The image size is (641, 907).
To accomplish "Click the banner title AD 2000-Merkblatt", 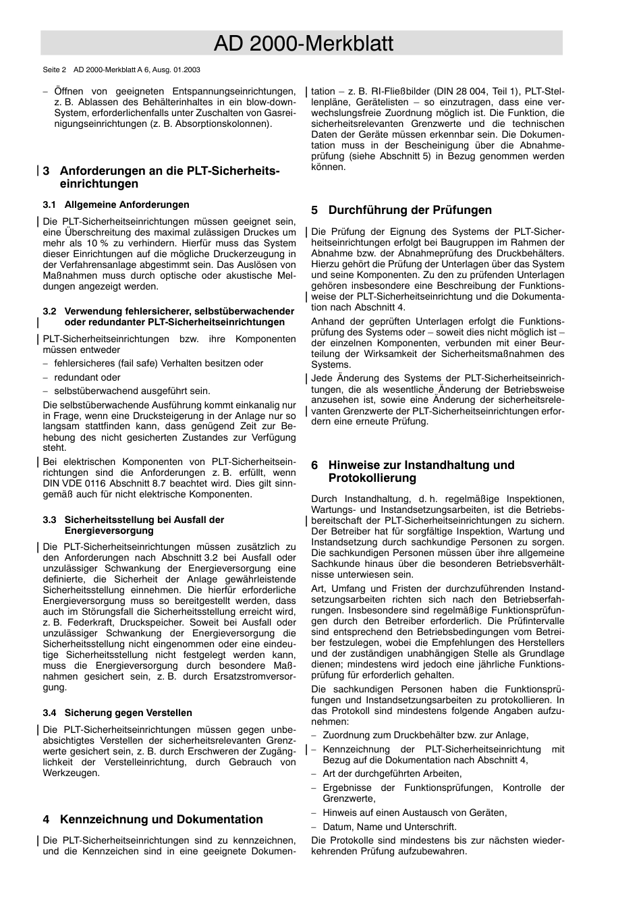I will click(x=302, y=44).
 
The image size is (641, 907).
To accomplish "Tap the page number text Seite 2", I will click(x=55, y=70).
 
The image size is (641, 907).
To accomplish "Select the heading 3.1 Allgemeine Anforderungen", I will click(x=115, y=204).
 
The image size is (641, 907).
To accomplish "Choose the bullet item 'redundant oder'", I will click(x=87, y=377).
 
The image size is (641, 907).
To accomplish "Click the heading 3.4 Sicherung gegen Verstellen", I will click(x=117, y=713).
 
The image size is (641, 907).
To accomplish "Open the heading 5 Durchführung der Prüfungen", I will click(x=401, y=210).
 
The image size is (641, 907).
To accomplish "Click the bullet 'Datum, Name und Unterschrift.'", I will click(x=389, y=827).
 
